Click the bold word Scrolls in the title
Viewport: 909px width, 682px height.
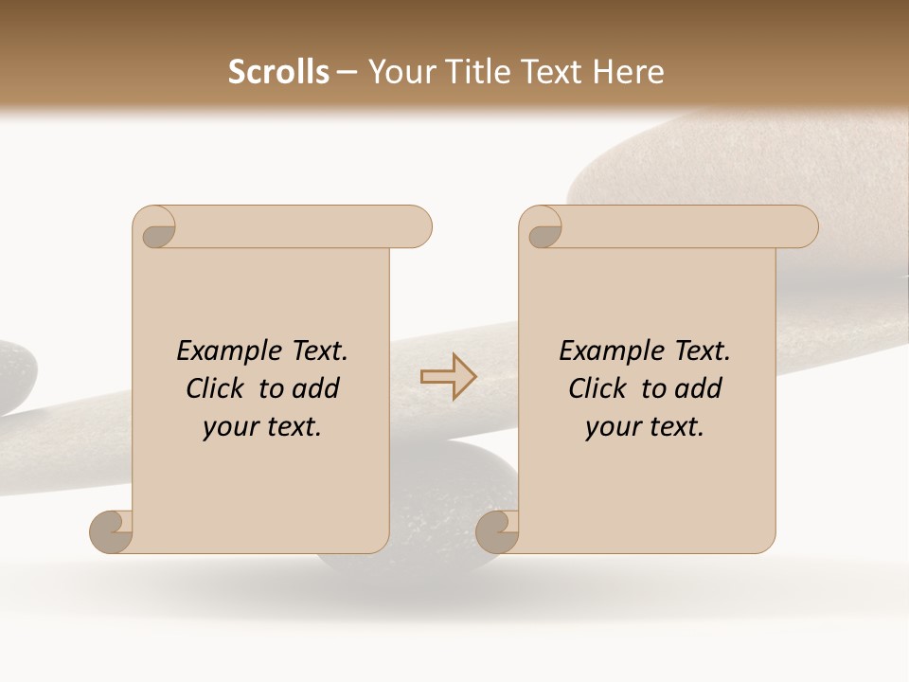point(278,71)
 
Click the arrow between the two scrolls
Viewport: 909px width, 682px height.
point(448,377)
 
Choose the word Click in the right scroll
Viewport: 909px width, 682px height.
point(597,389)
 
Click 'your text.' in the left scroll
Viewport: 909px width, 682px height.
point(262,427)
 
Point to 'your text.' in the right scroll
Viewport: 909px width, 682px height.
point(645,427)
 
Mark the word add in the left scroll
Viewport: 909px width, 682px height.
point(317,389)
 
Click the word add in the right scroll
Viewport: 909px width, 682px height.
point(700,389)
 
